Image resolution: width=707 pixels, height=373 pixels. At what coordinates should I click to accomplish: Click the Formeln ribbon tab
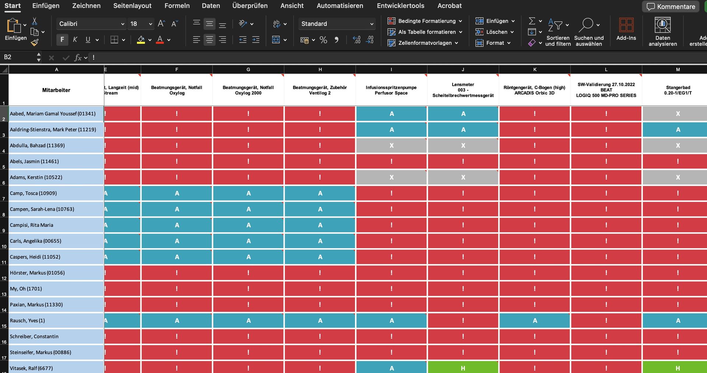tap(177, 6)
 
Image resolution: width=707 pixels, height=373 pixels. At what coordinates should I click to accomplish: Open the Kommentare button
tap(671, 7)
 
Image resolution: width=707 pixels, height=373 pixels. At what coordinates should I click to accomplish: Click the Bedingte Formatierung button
tap(425, 21)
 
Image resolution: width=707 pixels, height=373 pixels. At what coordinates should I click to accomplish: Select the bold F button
tap(62, 39)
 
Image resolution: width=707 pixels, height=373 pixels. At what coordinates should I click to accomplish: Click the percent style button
tap(323, 40)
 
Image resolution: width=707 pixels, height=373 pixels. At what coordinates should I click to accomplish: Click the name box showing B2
tap(20, 57)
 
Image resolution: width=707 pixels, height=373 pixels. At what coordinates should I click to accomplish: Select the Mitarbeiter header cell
tap(56, 90)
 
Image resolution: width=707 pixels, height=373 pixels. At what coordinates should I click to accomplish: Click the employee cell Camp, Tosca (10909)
tap(56, 193)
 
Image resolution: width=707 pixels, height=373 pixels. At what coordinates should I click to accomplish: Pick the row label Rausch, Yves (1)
tap(56, 320)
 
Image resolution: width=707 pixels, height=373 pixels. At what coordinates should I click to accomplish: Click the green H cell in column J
tap(463, 367)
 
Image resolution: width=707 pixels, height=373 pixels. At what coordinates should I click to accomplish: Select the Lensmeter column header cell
tap(463, 90)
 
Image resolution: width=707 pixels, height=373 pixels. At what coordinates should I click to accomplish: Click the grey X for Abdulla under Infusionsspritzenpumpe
tap(391, 145)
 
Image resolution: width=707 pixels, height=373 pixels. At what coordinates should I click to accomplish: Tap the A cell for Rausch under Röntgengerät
tap(535, 320)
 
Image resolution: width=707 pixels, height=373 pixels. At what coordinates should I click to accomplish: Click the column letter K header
tap(535, 70)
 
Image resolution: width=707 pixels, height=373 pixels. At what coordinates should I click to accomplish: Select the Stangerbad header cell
tap(678, 90)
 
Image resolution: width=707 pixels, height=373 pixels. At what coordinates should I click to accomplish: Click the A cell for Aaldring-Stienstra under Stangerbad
tap(678, 130)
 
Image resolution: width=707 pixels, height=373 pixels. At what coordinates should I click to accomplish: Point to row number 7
tap(4, 198)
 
